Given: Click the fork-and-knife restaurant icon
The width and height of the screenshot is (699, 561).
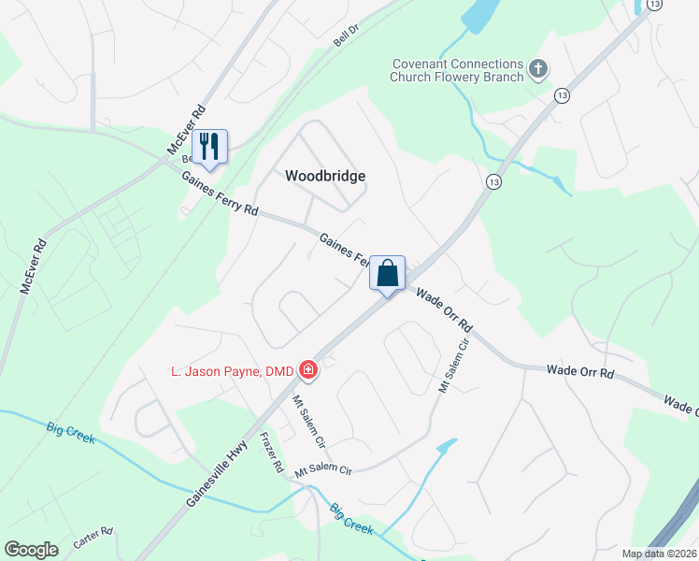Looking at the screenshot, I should tap(209, 146).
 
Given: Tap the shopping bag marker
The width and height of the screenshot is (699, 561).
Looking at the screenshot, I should tap(388, 273).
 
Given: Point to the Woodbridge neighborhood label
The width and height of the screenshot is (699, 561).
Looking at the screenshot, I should tap(324, 176).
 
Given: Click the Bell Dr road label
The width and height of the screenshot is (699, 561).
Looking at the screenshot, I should tap(346, 36).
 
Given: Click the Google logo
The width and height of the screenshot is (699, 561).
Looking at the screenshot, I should tap(32, 550).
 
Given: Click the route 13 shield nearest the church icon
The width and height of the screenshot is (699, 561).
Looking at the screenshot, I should tap(561, 95).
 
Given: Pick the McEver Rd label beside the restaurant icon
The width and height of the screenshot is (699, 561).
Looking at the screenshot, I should tap(185, 130).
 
